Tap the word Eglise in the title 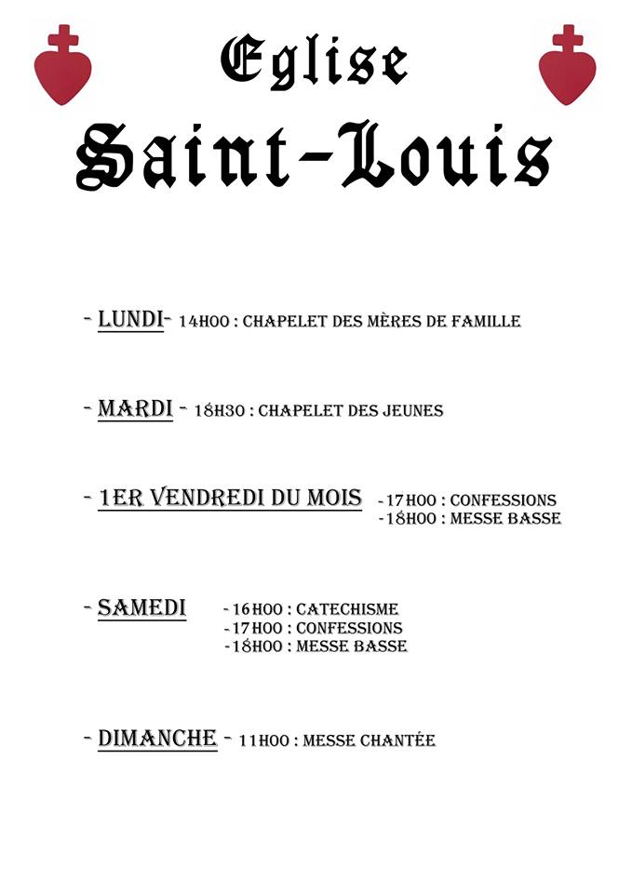point(314,60)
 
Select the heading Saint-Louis point(314,157)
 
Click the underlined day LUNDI point(130,320)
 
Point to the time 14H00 point(203,322)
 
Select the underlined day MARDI point(135,408)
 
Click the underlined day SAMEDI point(141,608)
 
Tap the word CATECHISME point(347,610)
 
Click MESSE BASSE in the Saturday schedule point(351,646)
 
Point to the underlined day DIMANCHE point(157,739)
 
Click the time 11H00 point(263,741)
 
